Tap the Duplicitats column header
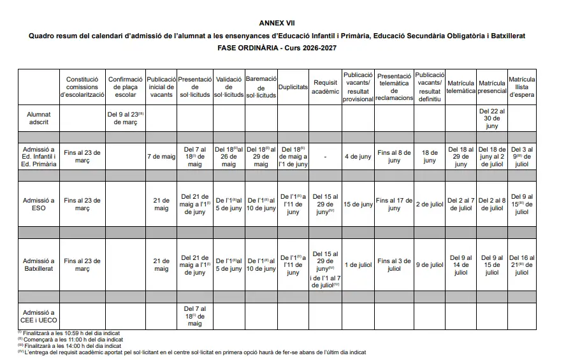pos(293,86)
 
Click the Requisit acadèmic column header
pos(326,87)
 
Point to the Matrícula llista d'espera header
pos(522,87)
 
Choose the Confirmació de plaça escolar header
pos(125,87)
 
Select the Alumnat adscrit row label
pos(39,118)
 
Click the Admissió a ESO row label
pos(39,204)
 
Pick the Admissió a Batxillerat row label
pos(39,264)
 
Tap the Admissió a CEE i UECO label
pos(39,317)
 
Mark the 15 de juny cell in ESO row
pos(358,204)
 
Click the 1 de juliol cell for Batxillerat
pos(358,264)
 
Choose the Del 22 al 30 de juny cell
pos(491,118)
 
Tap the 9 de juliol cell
pos(429,264)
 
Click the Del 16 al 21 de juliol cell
pos(522,264)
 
